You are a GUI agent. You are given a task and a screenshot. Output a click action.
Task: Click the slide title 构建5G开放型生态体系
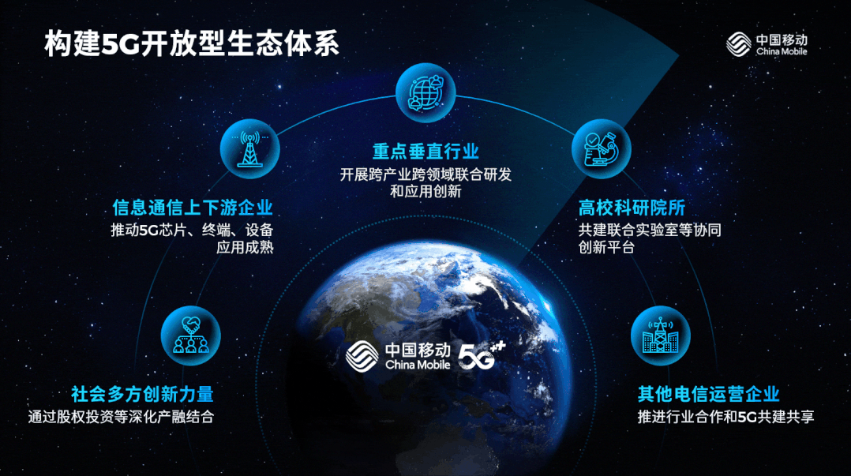(192, 43)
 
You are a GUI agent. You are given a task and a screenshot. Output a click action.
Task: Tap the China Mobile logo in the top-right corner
(767, 44)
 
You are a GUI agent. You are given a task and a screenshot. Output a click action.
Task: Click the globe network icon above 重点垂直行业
(425, 93)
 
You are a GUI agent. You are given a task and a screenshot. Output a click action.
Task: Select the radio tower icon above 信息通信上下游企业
(249, 148)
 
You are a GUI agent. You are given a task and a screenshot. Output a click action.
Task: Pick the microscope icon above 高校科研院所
(601, 148)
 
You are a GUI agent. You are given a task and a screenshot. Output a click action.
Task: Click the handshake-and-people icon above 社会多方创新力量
(190, 336)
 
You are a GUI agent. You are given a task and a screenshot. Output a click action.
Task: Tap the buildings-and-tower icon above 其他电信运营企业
(661, 336)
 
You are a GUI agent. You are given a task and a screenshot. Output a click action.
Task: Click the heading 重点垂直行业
(425, 152)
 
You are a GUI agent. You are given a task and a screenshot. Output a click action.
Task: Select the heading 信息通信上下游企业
(193, 208)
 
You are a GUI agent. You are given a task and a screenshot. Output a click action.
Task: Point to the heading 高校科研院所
(632, 208)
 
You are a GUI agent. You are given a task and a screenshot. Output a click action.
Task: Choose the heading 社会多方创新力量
(142, 394)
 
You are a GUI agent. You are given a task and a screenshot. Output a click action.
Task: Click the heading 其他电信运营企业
(709, 394)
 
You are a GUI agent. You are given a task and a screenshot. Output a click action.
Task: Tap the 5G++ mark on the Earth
(482, 355)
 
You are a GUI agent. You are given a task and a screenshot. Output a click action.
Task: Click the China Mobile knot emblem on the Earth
(362, 357)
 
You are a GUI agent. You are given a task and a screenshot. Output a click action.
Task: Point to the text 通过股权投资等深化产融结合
(121, 417)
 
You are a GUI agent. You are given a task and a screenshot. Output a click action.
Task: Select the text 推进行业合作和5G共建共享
(725, 417)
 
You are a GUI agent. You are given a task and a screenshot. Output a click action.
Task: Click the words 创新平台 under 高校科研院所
(606, 248)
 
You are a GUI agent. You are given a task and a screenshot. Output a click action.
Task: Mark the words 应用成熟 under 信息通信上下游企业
(245, 248)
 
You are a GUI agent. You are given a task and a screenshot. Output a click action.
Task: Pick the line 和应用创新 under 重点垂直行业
(425, 192)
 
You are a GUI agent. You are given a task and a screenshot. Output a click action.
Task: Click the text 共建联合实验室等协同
(650, 231)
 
